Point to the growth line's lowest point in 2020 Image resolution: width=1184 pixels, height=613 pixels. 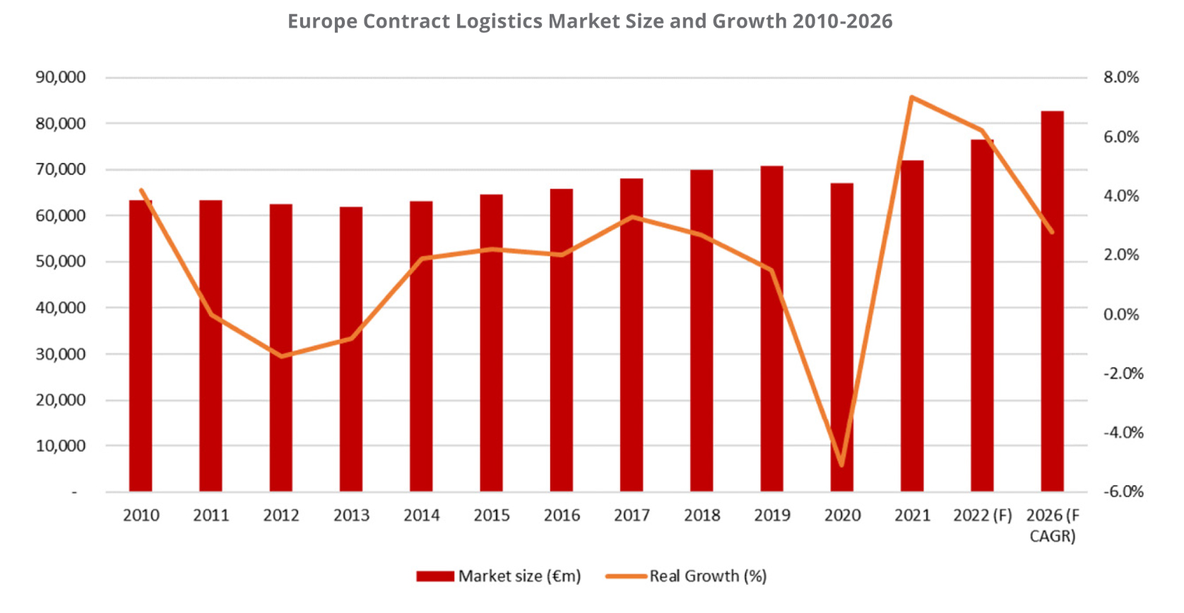[x=841, y=465]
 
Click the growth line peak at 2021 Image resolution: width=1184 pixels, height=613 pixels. [x=912, y=97]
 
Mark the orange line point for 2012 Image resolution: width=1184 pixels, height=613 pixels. [x=281, y=356]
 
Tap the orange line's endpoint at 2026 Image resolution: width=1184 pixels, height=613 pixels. [x=1052, y=231]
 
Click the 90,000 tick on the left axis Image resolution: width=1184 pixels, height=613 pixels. [x=61, y=77]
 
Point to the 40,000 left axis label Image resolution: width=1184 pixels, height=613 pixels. [x=61, y=308]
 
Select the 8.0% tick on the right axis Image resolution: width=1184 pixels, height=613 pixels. [x=1122, y=77]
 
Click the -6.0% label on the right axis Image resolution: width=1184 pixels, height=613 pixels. [x=1123, y=491]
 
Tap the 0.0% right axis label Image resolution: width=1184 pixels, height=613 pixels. [x=1122, y=314]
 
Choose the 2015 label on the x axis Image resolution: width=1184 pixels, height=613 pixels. [x=492, y=515]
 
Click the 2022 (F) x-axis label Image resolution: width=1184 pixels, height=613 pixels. [x=982, y=515]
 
